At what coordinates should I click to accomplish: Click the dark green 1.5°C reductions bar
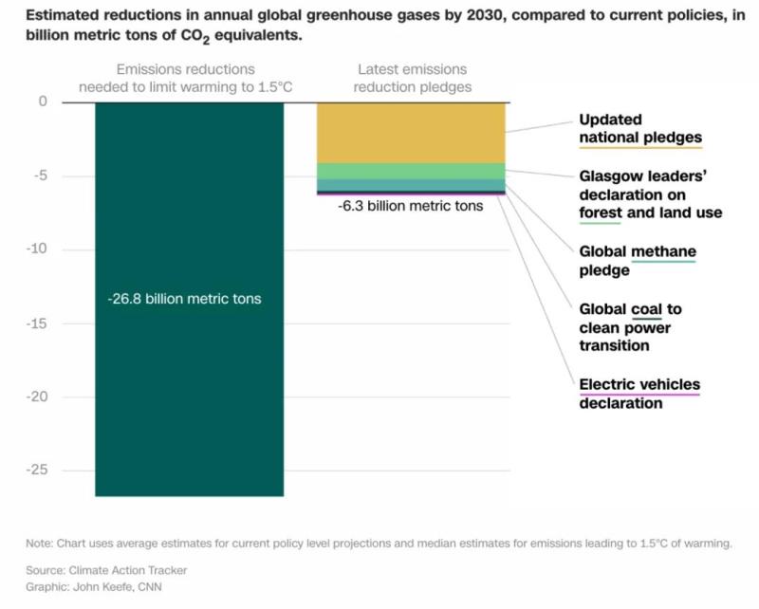point(189,398)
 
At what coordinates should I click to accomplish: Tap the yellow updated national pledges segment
point(410,133)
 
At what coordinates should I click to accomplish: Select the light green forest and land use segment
point(410,171)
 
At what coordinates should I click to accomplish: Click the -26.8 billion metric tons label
point(184,299)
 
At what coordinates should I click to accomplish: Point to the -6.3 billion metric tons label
point(410,205)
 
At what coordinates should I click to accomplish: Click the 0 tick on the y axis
point(42,101)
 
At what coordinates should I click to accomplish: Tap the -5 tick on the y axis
point(40,175)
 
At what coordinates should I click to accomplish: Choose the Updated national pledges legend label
point(640,129)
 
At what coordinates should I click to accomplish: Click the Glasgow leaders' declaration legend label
point(650,194)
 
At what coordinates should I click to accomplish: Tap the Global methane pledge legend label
point(638,261)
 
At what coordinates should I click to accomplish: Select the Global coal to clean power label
point(631,327)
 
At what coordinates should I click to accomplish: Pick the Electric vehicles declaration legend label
point(639,394)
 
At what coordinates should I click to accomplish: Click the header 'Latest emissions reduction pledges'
point(414,79)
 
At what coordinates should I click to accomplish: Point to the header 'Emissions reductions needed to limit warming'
point(185,79)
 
